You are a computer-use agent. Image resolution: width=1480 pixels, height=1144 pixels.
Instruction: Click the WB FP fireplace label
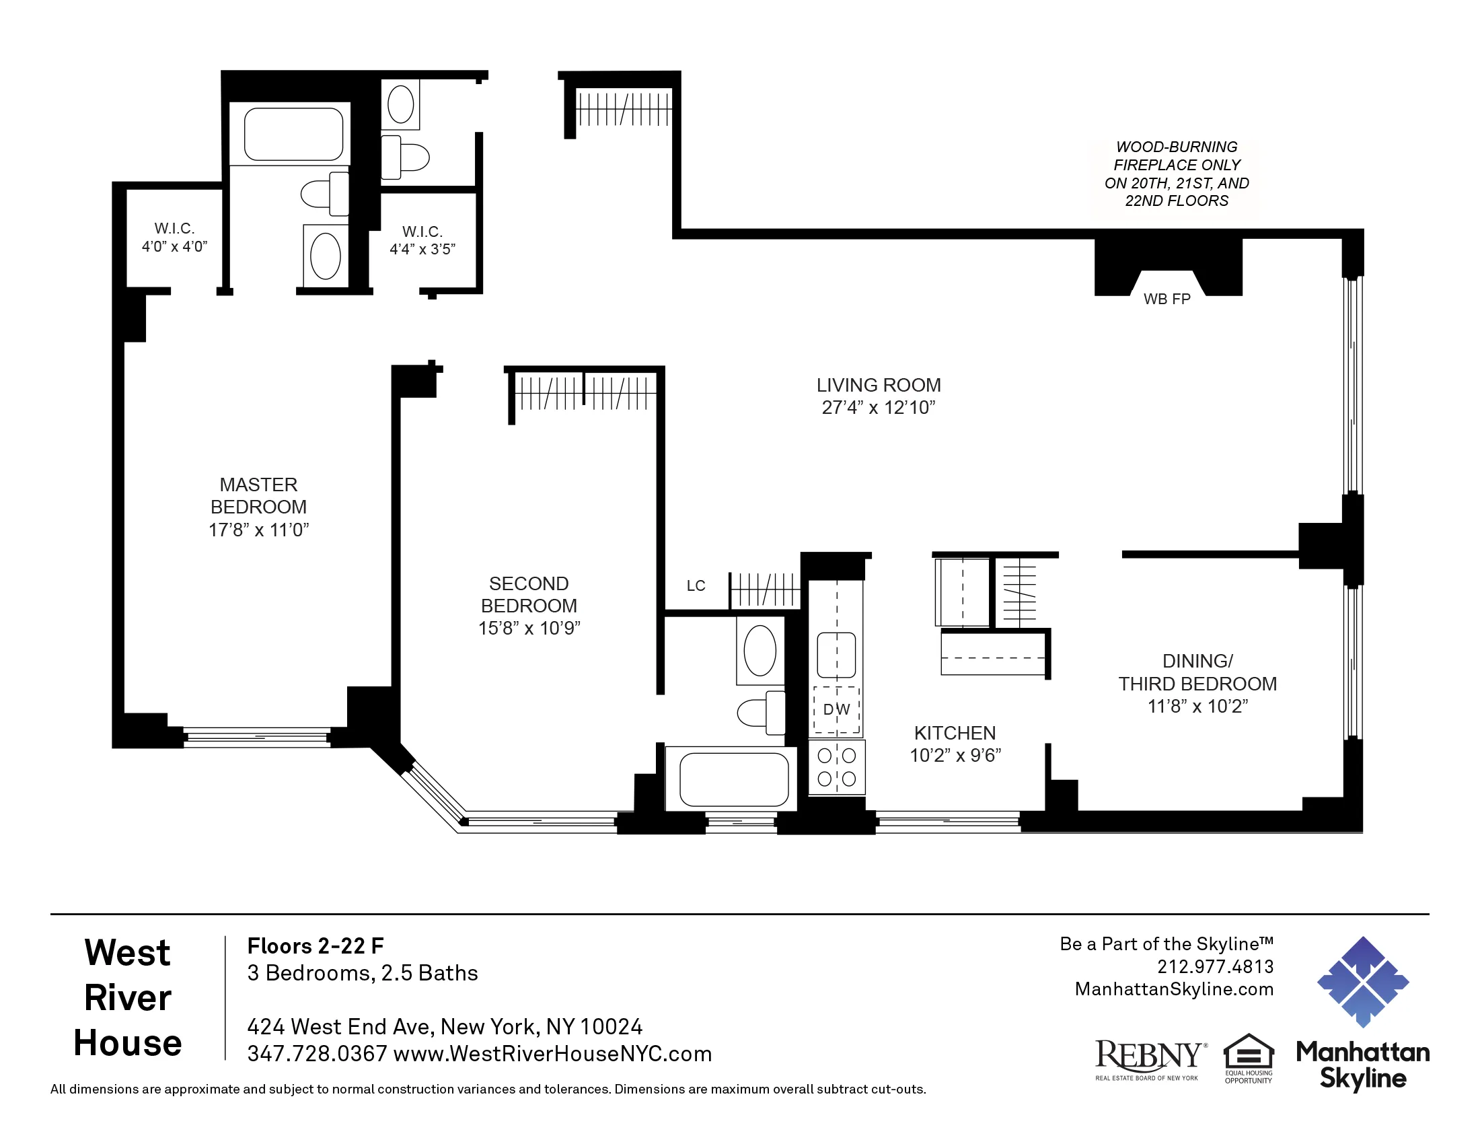pos(1167,299)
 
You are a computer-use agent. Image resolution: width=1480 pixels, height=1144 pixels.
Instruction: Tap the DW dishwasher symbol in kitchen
pos(836,709)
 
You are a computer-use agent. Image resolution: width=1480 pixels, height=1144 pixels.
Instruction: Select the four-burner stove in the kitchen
pos(836,767)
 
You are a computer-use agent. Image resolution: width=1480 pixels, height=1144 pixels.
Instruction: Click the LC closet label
pos(696,585)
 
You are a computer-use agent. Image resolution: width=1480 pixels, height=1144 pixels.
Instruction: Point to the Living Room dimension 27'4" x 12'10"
pos(878,407)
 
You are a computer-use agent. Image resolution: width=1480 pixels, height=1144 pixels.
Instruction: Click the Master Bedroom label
pos(258,495)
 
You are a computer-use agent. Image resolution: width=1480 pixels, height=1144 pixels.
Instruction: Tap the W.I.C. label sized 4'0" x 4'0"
pos(174,237)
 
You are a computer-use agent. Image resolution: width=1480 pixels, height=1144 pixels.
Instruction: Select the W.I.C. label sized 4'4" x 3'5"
pos(422,241)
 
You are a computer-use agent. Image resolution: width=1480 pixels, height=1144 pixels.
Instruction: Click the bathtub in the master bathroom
pos(293,133)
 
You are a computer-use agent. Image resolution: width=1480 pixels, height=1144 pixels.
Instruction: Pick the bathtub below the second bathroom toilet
pos(733,779)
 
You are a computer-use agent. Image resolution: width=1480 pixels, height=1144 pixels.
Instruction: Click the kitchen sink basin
pos(836,655)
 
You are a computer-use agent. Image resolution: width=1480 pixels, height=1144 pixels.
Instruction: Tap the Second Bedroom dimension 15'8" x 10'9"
pos(529,629)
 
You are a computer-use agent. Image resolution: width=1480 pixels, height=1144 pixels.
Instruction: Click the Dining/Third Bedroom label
pos(1197,672)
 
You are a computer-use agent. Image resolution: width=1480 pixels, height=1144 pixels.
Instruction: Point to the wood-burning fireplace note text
pos(1177,174)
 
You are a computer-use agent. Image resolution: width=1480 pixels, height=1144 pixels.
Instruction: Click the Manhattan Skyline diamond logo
pos(1362,981)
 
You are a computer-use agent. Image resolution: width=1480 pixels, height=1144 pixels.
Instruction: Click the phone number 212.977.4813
pos(1215,966)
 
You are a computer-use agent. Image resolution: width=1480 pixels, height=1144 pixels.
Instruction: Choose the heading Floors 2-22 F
pos(315,946)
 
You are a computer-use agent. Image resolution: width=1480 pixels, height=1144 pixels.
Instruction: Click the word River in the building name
pos(127,997)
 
